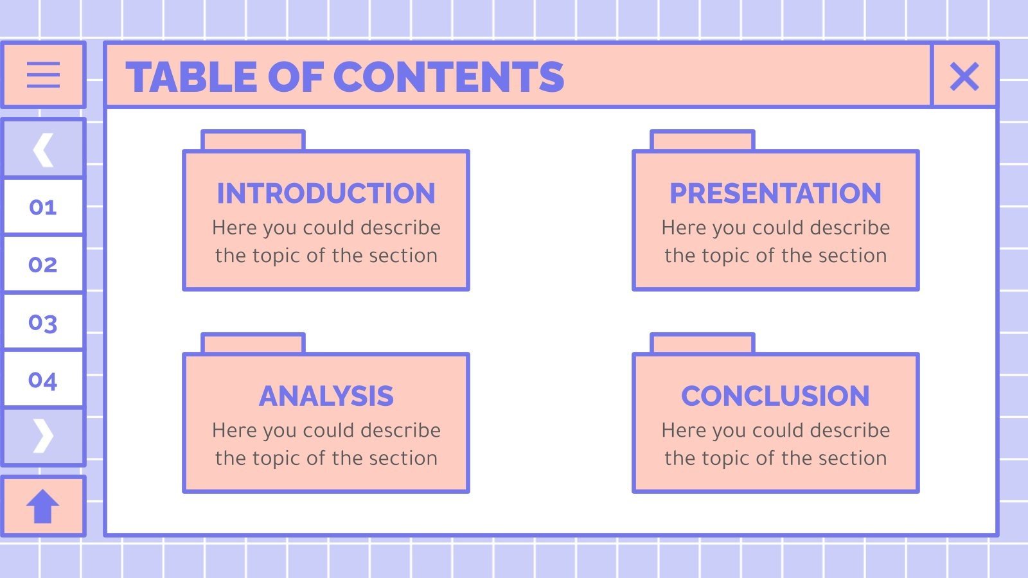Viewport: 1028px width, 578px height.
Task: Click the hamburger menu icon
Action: click(x=43, y=75)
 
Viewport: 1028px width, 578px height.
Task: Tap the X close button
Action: click(x=964, y=76)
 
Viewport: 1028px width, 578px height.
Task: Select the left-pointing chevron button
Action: click(x=43, y=150)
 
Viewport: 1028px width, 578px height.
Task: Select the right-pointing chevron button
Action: click(x=43, y=436)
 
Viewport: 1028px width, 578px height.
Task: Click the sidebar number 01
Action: click(x=43, y=207)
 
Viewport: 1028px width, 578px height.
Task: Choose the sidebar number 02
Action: click(x=43, y=265)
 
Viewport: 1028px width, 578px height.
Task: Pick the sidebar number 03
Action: click(x=43, y=322)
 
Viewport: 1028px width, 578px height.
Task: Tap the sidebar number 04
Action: click(x=43, y=380)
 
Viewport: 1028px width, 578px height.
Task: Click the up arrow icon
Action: click(x=43, y=506)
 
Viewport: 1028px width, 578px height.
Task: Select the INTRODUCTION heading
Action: click(x=326, y=193)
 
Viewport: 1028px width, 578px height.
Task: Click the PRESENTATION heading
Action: click(x=775, y=193)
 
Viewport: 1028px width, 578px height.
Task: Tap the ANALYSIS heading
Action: click(x=326, y=396)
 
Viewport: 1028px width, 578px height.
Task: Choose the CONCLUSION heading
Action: click(x=775, y=396)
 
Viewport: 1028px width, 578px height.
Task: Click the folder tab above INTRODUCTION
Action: click(x=253, y=140)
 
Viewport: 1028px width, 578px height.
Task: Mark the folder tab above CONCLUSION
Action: click(x=702, y=343)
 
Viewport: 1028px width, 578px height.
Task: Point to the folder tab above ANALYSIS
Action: click(x=253, y=343)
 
